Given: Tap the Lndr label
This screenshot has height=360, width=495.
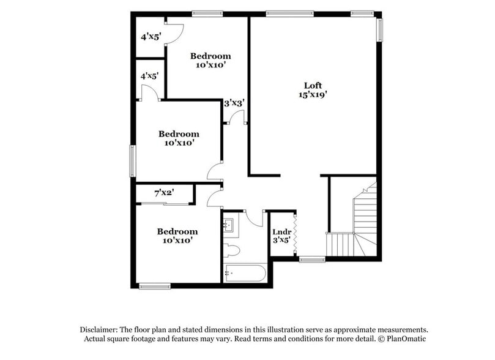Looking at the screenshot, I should pos(281,231).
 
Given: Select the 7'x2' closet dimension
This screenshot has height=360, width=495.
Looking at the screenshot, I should pos(164,193).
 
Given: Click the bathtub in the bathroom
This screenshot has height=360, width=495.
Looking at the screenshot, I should pos(245,273).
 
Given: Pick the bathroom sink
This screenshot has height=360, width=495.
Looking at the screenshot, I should pos(230,225).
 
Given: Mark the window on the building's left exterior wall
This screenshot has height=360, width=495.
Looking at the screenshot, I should pos(132,160).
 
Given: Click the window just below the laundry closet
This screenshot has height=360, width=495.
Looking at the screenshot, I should pos(311,260).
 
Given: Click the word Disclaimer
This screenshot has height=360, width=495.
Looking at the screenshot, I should pos(100,329).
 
